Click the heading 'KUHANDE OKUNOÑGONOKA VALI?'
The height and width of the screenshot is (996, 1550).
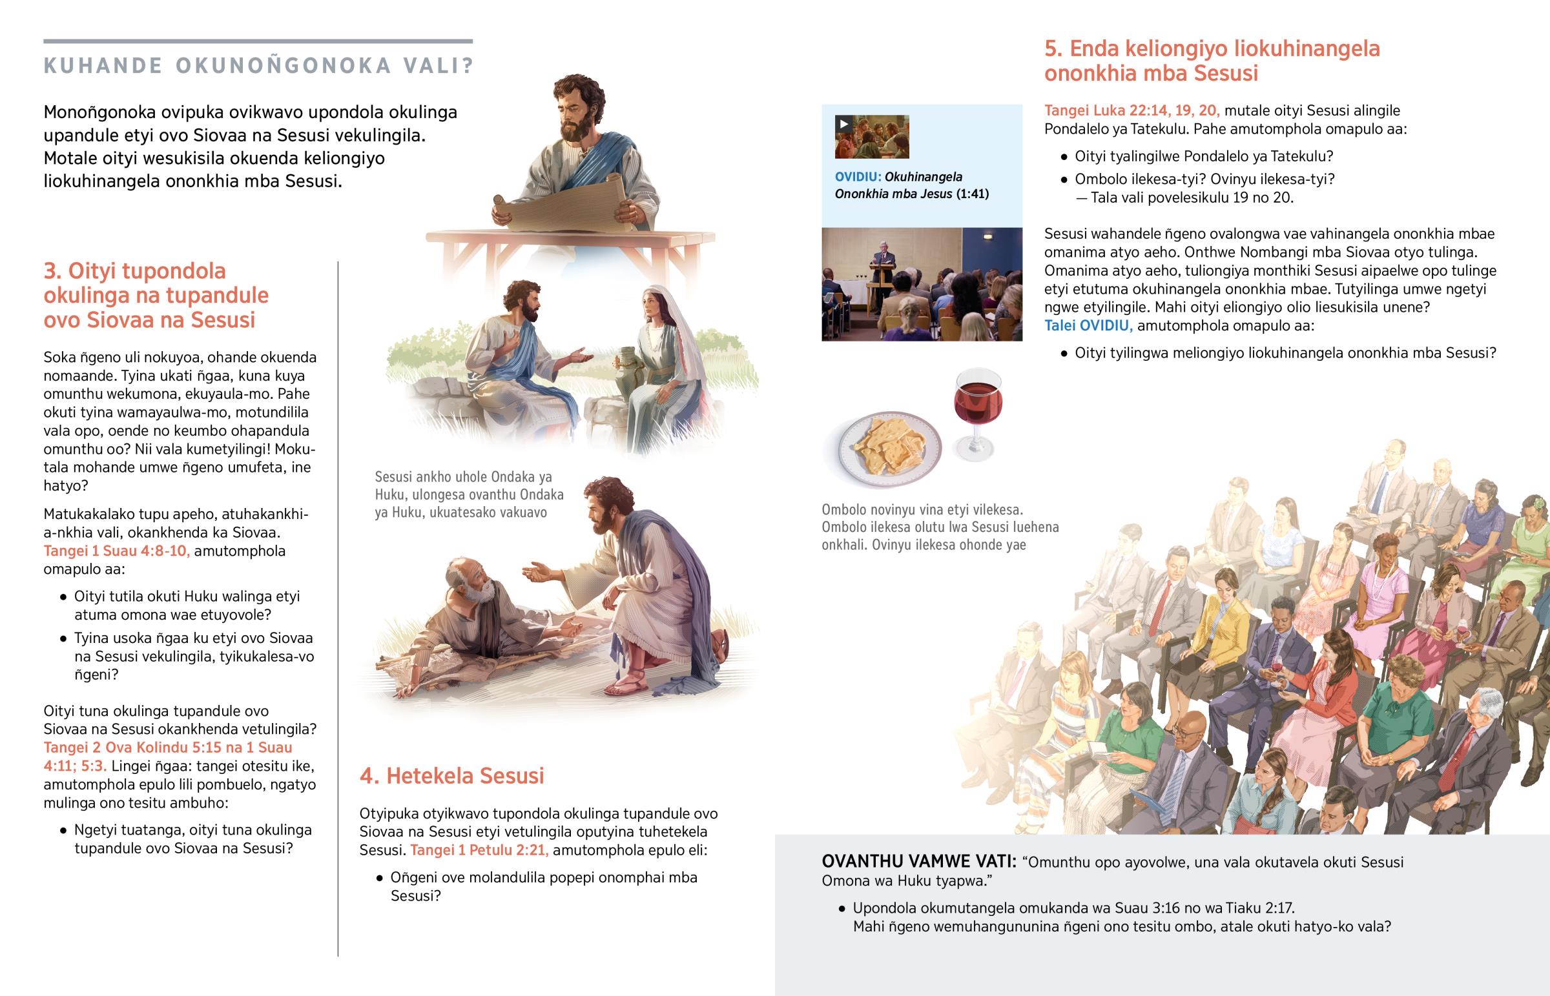[259, 65]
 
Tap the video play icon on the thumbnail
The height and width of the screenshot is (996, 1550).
[843, 124]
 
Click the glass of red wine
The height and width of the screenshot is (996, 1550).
[978, 414]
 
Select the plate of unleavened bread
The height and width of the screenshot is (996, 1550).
[890, 447]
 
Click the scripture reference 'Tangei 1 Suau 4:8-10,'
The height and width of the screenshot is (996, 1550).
[116, 551]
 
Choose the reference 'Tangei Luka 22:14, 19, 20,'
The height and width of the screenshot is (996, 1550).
[1132, 110]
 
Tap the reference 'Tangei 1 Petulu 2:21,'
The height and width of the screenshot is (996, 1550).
[479, 850]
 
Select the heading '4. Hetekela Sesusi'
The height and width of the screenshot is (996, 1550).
[451, 775]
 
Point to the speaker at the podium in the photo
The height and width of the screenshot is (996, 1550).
[883, 272]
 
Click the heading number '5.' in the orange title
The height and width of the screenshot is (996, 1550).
[1054, 48]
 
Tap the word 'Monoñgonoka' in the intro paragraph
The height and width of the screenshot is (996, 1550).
[100, 112]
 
